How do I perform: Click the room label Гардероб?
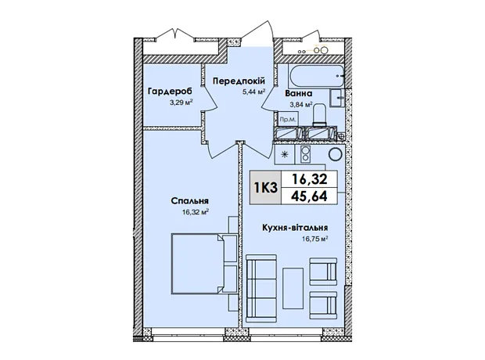[170, 92]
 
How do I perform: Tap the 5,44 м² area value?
[254, 92]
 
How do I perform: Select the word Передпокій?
[239, 81]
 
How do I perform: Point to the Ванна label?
[299, 93]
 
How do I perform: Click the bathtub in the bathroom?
[316, 76]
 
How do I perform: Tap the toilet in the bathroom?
[319, 115]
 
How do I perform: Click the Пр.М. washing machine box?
[288, 119]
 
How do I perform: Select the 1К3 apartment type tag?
[266, 188]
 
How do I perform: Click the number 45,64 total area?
[309, 196]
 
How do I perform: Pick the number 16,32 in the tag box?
[309, 179]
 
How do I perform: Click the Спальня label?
[189, 201]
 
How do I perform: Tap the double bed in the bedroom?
[197, 264]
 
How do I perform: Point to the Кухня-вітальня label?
[295, 228]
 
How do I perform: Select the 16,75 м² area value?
[314, 239]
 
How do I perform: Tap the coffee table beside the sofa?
[293, 288]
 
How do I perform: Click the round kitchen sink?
[335, 154]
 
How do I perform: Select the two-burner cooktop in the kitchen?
[305, 154]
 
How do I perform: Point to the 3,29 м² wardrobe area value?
[181, 103]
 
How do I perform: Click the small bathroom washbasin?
[337, 98]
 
